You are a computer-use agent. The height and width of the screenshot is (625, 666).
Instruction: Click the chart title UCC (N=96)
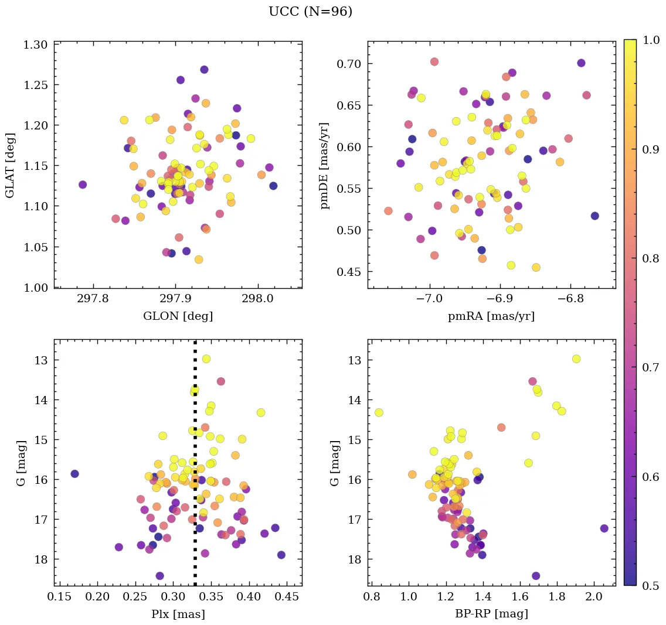click(x=310, y=12)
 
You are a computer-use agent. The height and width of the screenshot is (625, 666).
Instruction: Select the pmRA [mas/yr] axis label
click(x=491, y=316)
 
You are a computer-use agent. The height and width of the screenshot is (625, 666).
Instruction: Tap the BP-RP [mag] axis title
click(x=491, y=614)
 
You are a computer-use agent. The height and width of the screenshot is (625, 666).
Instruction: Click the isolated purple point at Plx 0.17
click(x=74, y=473)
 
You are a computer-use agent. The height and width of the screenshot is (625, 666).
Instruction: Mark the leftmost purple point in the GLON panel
click(x=83, y=185)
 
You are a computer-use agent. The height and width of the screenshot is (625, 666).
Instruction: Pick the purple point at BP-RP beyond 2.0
click(x=604, y=528)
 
